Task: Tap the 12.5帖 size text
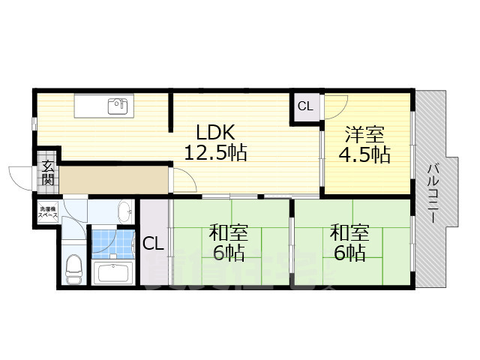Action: pyautogui.click(x=216, y=153)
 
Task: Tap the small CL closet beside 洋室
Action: pyautogui.click(x=305, y=106)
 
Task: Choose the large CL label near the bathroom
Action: pyautogui.click(x=154, y=243)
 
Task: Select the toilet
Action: pyautogui.click(x=73, y=268)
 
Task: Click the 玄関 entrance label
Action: pyautogui.click(x=47, y=173)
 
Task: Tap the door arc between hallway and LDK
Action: pyautogui.click(x=182, y=178)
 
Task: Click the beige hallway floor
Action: pyautogui.click(x=112, y=181)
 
